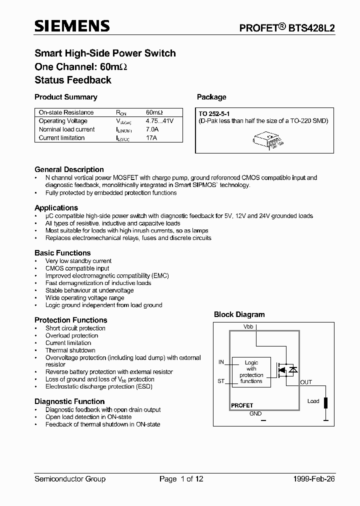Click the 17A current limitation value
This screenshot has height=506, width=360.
click(x=151, y=138)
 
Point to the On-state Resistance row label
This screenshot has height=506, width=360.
click(x=66, y=113)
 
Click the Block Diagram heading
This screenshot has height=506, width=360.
click(x=239, y=314)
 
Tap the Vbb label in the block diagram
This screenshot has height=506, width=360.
click(x=248, y=326)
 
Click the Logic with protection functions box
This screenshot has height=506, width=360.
click(x=251, y=372)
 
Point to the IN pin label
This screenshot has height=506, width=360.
click(x=221, y=362)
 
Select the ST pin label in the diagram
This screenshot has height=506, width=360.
click(x=221, y=381)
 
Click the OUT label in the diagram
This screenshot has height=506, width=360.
click(x=306, y=382)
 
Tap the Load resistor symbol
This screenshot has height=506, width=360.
click(x=326, y=403)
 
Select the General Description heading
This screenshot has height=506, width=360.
click(x=69, y=169)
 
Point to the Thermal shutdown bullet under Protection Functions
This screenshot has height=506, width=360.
click(x=70, y=350)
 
